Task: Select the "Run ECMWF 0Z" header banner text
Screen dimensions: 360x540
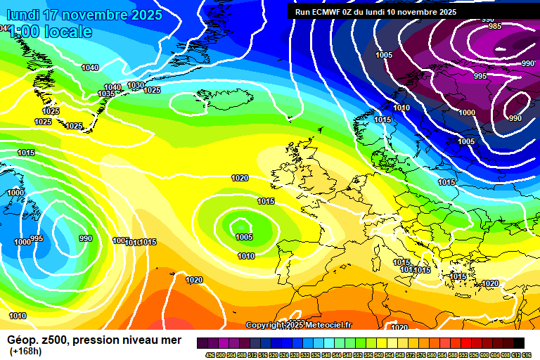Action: (x=375, y=12)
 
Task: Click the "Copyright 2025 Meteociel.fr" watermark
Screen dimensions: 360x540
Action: (x=298, y=325)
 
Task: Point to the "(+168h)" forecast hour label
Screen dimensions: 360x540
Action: (x=25, y=352)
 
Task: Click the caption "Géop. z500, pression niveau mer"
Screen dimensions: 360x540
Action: (x=94, y=340)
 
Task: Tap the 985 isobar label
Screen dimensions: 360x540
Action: (x=495, y=27)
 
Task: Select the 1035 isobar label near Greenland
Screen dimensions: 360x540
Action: (x=106, y=94)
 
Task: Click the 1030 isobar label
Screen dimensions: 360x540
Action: (x=136, y=86)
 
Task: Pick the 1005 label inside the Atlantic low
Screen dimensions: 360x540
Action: (x=244, y=237)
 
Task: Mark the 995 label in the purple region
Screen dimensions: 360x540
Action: (x=480, y=76)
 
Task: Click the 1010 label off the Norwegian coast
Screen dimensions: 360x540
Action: (x=401, y=108)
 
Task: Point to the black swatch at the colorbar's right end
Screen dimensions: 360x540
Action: (x=518, y=342)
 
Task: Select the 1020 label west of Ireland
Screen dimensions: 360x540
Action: (x=240, y=178)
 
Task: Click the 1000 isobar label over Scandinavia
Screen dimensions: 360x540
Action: (x=467, y=112)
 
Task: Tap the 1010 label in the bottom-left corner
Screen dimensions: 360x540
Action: (x=18, y=316)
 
